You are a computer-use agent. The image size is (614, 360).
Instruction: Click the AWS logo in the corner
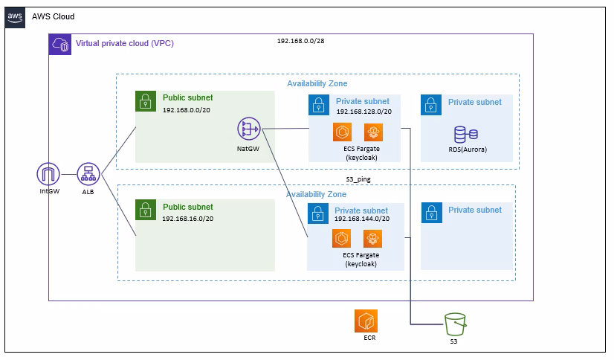[15, 18]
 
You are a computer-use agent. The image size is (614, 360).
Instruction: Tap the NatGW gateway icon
[249, 129]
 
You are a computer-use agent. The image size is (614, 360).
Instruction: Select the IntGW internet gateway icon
[48, 174]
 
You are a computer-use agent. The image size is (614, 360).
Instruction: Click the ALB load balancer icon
[88, 174]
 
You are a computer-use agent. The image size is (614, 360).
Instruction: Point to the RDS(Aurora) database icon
[465, 135]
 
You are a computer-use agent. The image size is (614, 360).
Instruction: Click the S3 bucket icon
[455, 324]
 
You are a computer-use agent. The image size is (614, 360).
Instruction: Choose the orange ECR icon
[366, 321]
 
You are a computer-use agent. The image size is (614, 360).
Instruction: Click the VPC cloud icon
[60, 45]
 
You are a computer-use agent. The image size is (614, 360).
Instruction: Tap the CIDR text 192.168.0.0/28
[301, 41]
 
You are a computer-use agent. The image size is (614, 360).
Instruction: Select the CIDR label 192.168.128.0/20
[364, 112]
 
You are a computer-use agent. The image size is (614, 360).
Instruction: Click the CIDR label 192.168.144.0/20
[362, 219]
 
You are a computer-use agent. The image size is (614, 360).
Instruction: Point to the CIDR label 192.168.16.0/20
[188, 219]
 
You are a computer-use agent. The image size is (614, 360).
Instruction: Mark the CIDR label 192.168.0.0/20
[187, 110]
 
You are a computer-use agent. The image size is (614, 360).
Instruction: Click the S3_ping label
[358, 179]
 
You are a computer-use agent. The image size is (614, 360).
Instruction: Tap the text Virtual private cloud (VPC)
[125, 43]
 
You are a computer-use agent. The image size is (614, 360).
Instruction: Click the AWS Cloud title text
[54, 16]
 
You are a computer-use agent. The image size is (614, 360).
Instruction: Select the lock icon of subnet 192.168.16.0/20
[146, 210]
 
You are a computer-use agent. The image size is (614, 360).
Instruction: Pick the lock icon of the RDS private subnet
[431, 105]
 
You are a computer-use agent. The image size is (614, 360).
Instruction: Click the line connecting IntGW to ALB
[68, 174]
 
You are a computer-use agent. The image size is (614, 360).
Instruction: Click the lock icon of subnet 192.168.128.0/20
[319, 105]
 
